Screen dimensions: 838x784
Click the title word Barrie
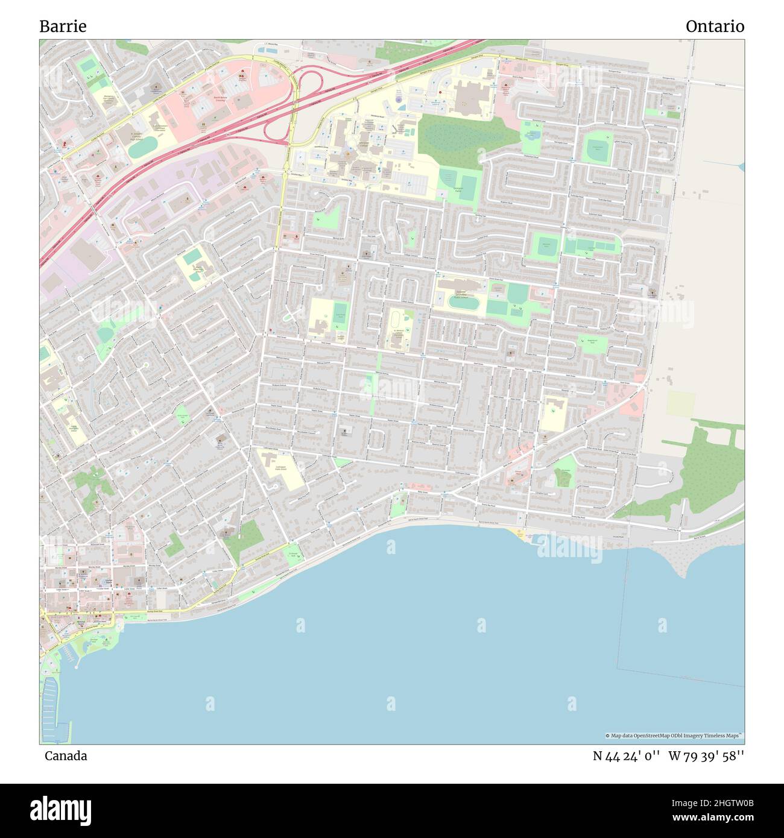63,27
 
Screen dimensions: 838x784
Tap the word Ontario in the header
715,27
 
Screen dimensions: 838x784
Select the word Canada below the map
65,756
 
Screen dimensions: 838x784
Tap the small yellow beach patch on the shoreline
519,533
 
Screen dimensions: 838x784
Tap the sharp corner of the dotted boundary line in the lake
616,669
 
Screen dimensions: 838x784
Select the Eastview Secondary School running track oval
463,303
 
